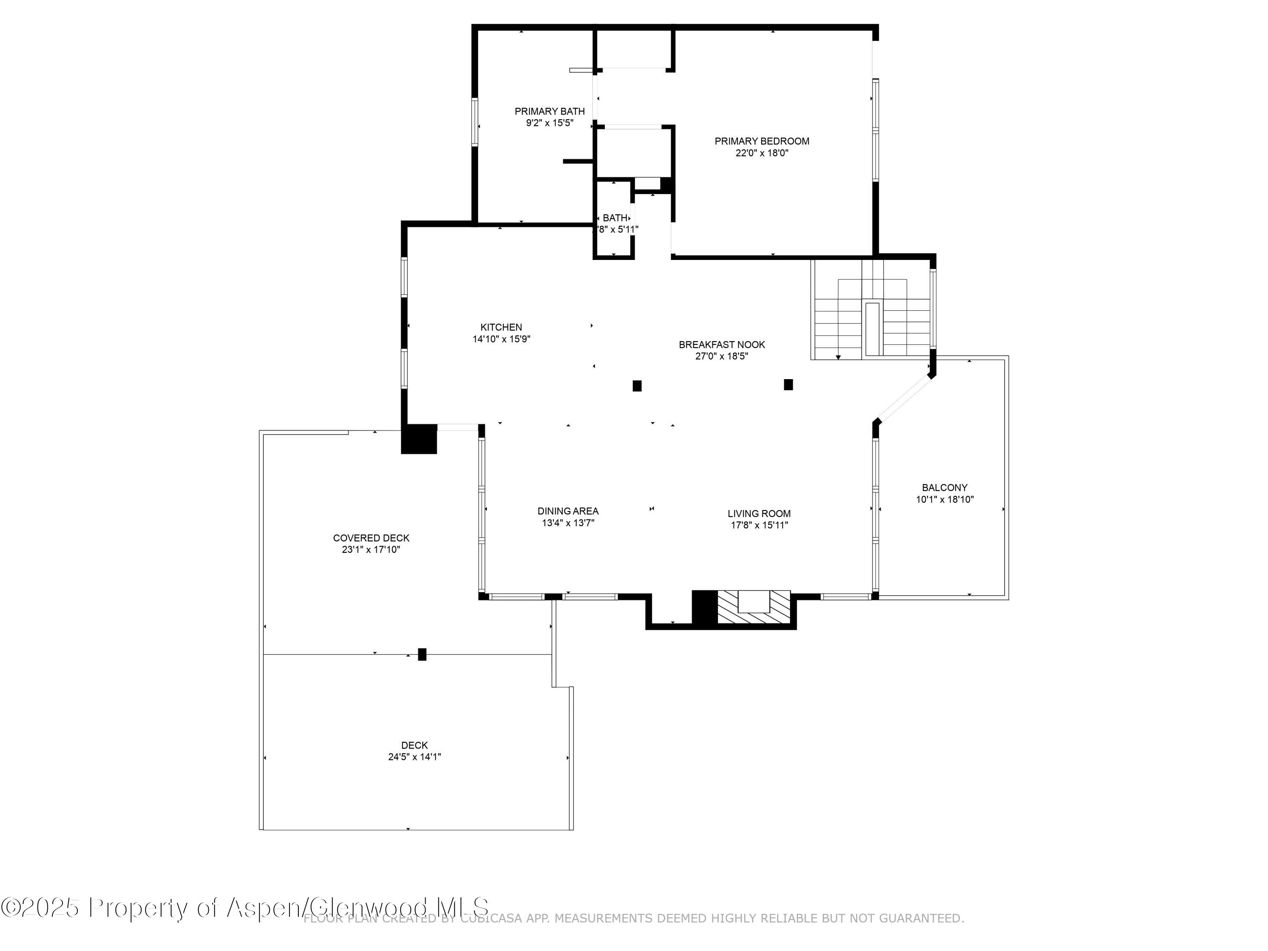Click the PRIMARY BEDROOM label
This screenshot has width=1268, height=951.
tap(761, 141)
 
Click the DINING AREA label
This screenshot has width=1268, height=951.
tap(568, 511)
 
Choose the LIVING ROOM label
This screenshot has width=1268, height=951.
tap(759, 514)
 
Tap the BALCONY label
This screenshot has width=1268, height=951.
tap(944, 487)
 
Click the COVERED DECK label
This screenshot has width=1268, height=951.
tap(371, 538)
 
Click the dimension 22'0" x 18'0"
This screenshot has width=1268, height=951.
tap(761, 153)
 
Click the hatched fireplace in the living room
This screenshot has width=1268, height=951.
tap(754, 608)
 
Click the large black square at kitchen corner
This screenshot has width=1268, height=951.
tap(418, 439)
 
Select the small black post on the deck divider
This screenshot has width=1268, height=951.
tap(422, 654)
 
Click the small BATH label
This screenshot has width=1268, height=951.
tap(615, 218)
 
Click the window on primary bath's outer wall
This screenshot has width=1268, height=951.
tap(475, 122)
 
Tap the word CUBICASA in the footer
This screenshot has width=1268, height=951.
tap(494, 919)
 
